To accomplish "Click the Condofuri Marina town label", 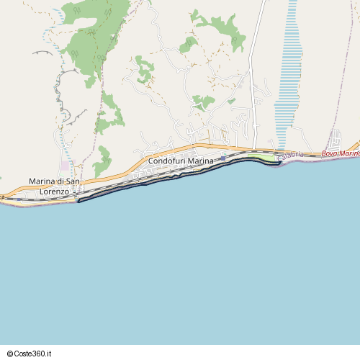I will (x=181, y=161).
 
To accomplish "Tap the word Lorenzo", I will (x=54, y=192).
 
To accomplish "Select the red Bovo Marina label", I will (x=340, y=153).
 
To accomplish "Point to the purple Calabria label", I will (x=290, y=155).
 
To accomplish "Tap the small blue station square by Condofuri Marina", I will (x=223, y=158).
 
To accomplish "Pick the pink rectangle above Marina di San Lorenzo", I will (x=65, y=166).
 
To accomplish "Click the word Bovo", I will (x=330, y=153).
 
